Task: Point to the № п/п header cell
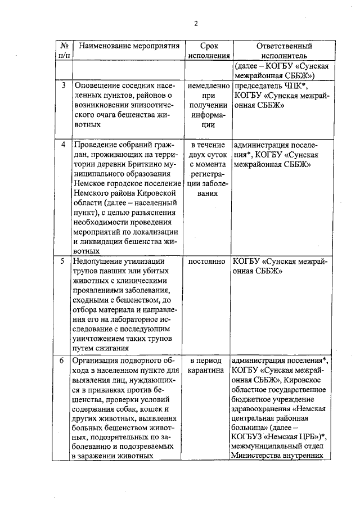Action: (64, 51)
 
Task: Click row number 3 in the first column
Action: (64, 85)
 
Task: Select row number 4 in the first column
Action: (64, 144)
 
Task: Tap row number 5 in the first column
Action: (64, 262)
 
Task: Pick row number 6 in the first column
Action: (64, 360)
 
